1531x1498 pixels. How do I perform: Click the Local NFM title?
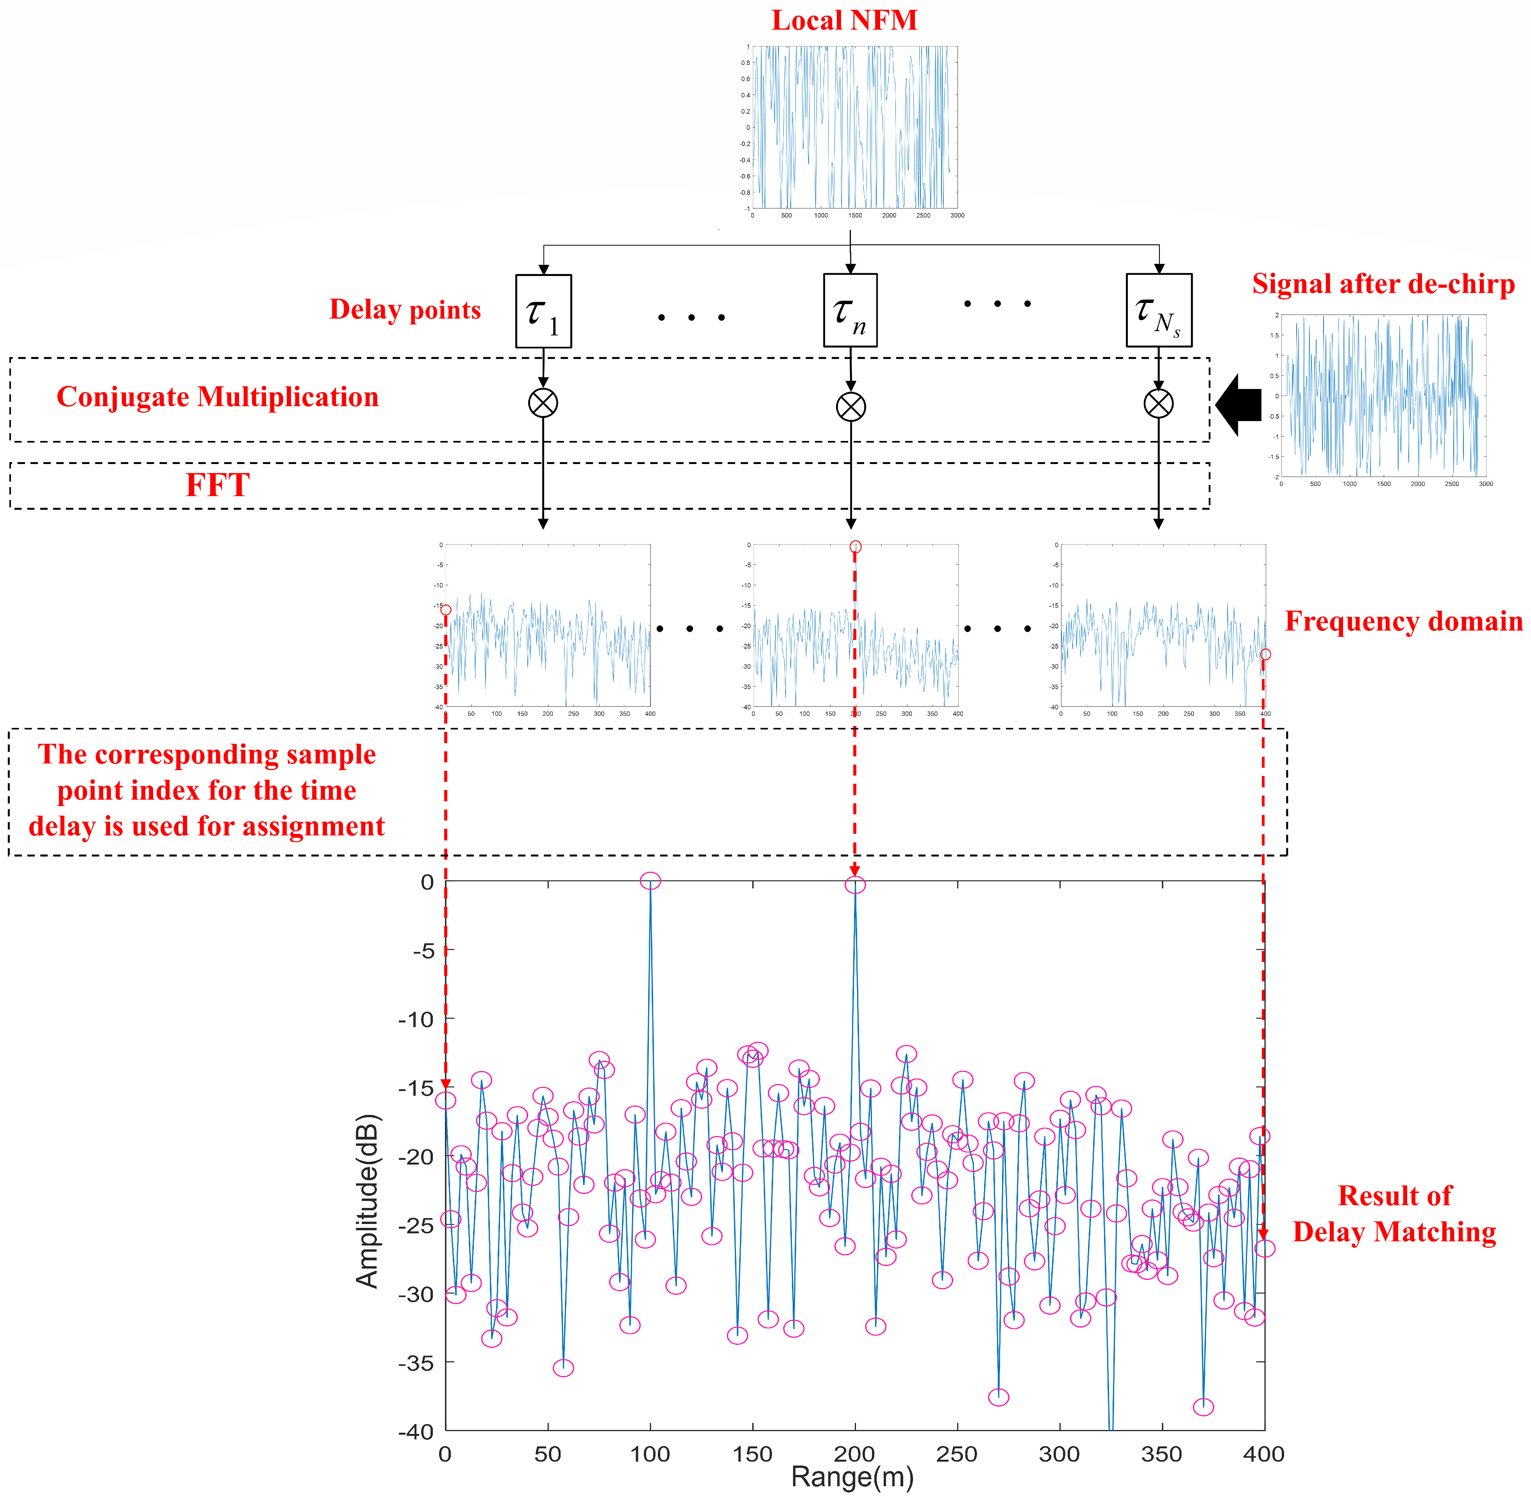pos(844,20)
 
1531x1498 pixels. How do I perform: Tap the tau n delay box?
pos(850,310)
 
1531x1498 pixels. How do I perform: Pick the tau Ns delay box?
pos(1158,310)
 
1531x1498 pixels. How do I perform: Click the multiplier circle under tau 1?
pos(543,403)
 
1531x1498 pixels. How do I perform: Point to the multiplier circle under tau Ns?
pos(1158,403)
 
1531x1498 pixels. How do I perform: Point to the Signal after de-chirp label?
pos(1383,284)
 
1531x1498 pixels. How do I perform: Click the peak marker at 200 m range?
pos(855,885)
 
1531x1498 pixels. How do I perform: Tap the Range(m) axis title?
pos(852,1477)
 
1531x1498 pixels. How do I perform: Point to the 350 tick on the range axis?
pos(1161,1454)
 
